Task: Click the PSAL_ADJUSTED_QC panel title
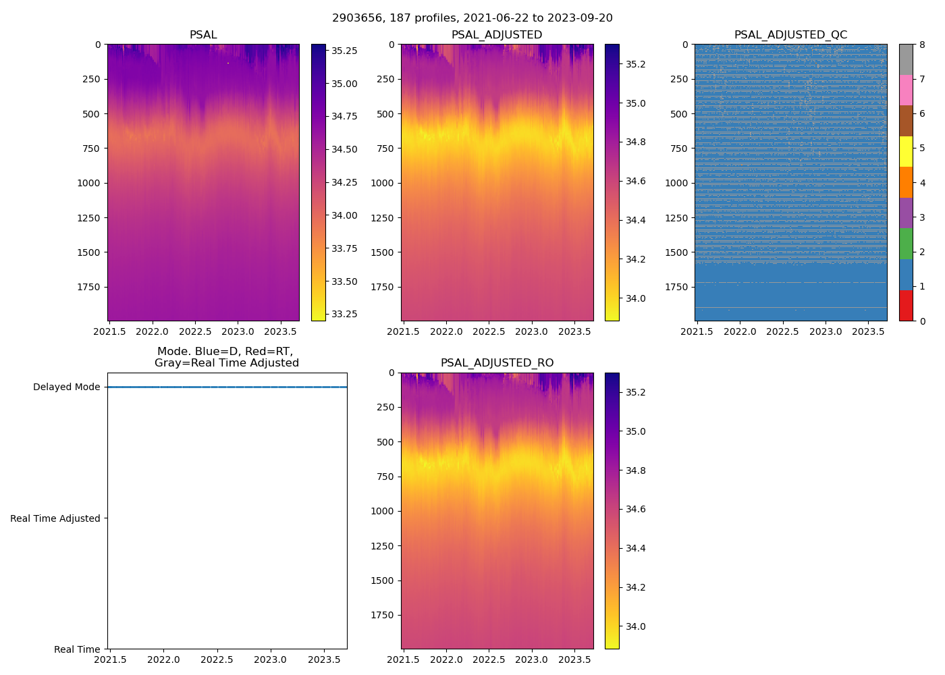tap(790, 35)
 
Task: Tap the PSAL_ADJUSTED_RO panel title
tap(497, 363)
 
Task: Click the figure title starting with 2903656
tap(473, 18)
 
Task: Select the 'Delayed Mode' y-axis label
tap(66, 387)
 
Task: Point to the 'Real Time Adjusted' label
tap(55, 518)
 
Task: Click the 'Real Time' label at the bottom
tap(77, 649)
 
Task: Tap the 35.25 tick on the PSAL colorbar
tap(344, 51)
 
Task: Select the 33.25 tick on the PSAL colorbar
tap(344, 314)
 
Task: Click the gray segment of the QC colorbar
tap(906, 59)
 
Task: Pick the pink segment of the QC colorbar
tap(906, 90)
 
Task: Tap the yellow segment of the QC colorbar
tap(906, 152)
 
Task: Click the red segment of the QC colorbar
tap(906, 305)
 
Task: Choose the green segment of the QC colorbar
tap(906, 244)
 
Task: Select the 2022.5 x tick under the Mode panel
tap(217, 660)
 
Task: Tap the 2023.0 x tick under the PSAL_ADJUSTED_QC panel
tap(826, 331)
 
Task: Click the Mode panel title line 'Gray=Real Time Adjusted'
tap(227, 363)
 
